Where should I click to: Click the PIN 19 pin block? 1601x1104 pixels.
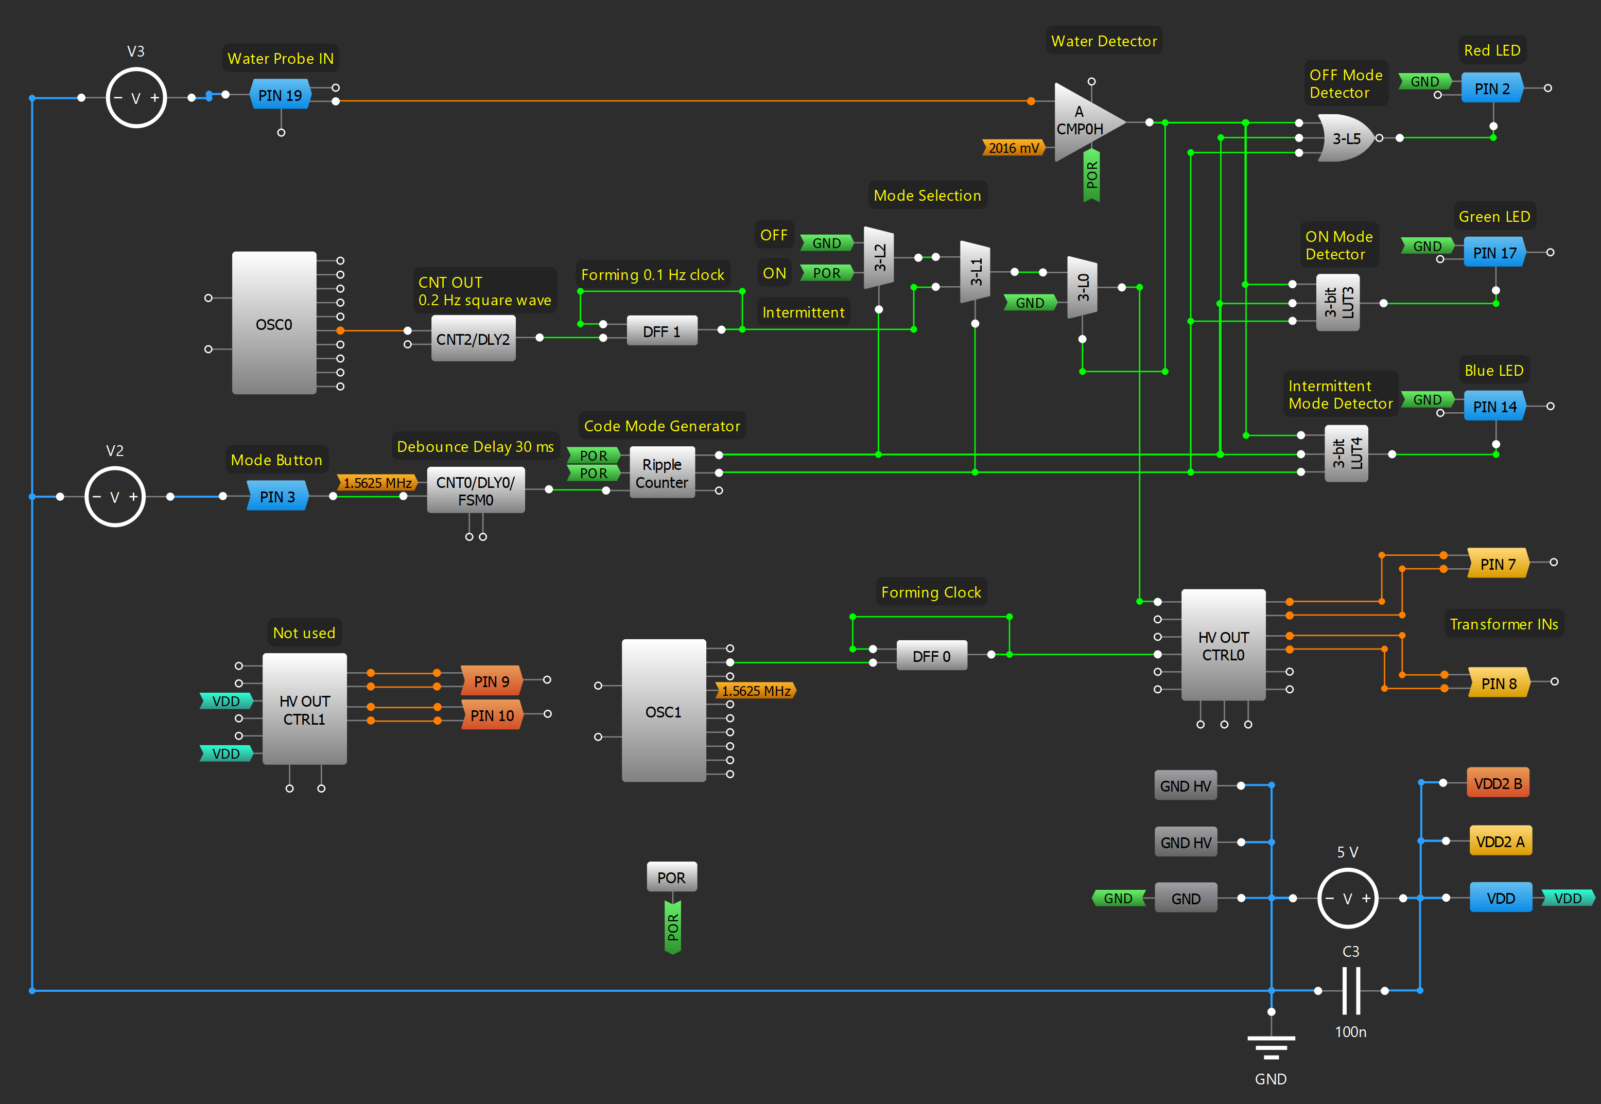[280, 95]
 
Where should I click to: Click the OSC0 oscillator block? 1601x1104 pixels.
[274, 324]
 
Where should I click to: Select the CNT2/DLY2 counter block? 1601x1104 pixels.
[473, 339]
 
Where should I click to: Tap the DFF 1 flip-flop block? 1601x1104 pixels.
[662, 331]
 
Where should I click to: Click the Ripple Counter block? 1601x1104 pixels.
[662, 473]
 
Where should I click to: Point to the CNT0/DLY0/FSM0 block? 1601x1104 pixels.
[475, 490]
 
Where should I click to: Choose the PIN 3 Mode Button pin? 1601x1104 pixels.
[277, 497]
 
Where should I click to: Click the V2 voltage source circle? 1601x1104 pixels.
[115, 497]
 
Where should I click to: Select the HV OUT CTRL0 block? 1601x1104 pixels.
[1223, 645]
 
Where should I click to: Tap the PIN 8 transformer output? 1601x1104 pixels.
[1498, 684]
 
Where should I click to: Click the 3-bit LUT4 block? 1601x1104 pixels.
[1346, 454]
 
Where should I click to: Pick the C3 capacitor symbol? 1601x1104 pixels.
[1350, 991]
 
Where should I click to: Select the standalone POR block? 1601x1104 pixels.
[671, 877]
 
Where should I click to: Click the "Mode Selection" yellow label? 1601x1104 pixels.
[927, 196]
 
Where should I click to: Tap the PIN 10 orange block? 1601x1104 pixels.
[492, 715]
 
